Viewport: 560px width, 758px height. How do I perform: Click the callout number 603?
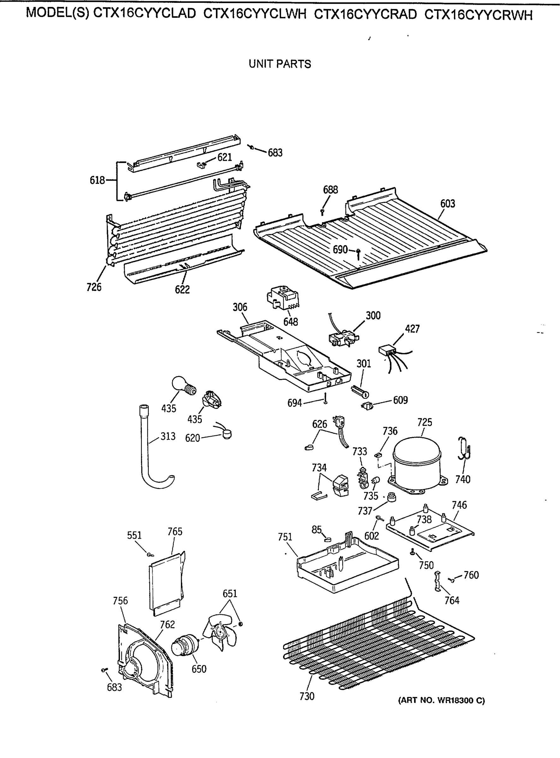(x=447, y=203)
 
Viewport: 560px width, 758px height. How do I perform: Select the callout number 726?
(x=94, y=287)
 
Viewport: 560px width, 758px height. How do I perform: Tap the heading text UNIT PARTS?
(x=280, y=64)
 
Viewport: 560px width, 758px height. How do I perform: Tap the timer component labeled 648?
(x=283, y=299)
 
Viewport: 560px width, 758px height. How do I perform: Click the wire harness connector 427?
(x=387, y=350)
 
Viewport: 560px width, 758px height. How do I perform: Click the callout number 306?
(x=240, y=307)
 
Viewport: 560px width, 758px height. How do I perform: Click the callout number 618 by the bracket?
(x=97, y=180)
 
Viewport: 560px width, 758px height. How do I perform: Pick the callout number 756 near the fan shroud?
(x=120, y=601)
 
